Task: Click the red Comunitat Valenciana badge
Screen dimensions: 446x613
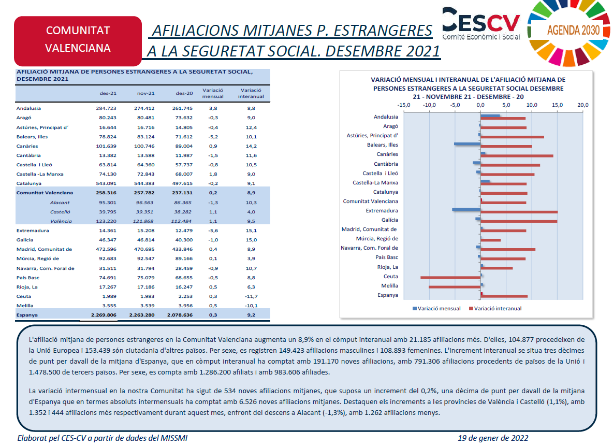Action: pyautogui.click(x=78, y=40)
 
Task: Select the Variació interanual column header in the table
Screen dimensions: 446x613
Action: pyautogui.click(x=251, y=93)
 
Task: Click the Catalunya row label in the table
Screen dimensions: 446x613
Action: pyautogui.click(x=28, y=183)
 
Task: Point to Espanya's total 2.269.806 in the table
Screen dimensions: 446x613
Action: pyautogui.click(x=104, y=314)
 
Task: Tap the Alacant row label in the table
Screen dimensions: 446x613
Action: pyautogui.click(x=60, y=202)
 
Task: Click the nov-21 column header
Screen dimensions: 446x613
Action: pyautogui.click(x=146, y=93)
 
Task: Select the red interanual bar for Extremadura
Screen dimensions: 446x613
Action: pyautogui.click(x=519, y=212)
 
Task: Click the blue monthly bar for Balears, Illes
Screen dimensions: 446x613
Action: pyautogui.click(x=468, y=144)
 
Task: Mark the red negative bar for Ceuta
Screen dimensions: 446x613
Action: pyautogui.click(x=450, y=278)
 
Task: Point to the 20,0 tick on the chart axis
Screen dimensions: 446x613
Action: pyautogui.click(x=582, y=105)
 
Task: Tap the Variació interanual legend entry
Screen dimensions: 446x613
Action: pyautogui.click(x=495, y=309)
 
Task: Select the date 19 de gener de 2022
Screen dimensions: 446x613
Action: pyautogui.click(x=493, y=438)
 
